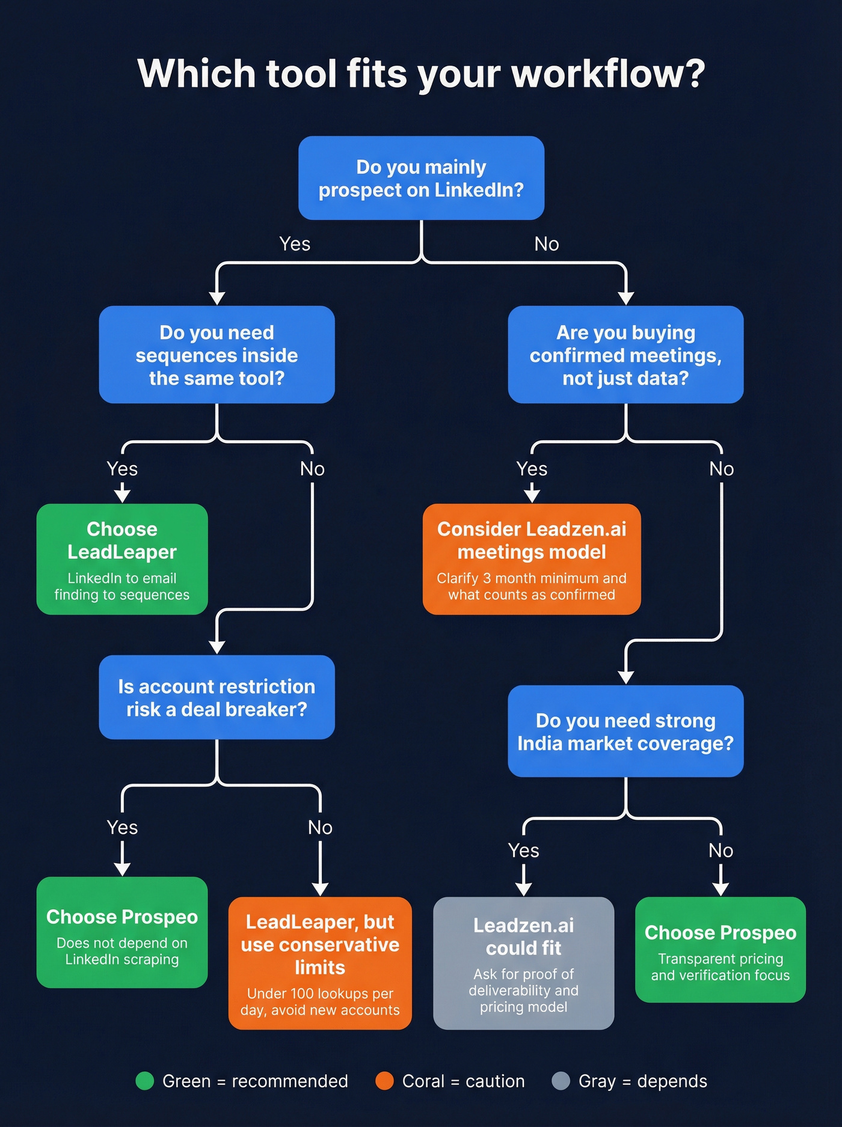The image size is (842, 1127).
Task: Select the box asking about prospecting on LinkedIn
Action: pos(421,178)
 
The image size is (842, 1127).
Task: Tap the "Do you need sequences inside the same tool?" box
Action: pos(217,355)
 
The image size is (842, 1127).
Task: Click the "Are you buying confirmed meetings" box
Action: pos(625,355)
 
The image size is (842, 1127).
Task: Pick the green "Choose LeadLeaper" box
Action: pos(122,559)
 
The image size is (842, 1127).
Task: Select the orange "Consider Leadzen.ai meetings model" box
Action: pos(532,559)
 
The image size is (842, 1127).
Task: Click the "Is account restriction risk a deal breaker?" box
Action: pos(217,697)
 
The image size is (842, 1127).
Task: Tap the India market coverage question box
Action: pos(625,731)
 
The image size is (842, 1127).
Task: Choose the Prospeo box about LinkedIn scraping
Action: pos(122,932)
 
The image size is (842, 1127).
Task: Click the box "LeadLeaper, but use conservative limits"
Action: pos(320,963)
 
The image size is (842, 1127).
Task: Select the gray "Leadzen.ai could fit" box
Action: pos(523,963)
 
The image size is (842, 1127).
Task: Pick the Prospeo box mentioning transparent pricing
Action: pos(721,950)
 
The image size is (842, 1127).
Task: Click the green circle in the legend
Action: pos(145,1081)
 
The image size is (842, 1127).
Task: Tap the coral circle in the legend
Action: pos(384,1081)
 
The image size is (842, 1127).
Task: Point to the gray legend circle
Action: pos(561,1081)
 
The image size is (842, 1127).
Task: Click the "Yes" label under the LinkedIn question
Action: pos(295,244)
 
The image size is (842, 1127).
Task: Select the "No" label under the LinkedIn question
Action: pos(547,244)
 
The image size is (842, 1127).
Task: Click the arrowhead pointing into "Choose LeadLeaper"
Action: pos(122,496)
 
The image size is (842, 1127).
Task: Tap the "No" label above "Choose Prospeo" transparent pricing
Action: pos(721,851)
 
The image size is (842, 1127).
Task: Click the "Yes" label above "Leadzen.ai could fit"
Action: pos(523,851)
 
